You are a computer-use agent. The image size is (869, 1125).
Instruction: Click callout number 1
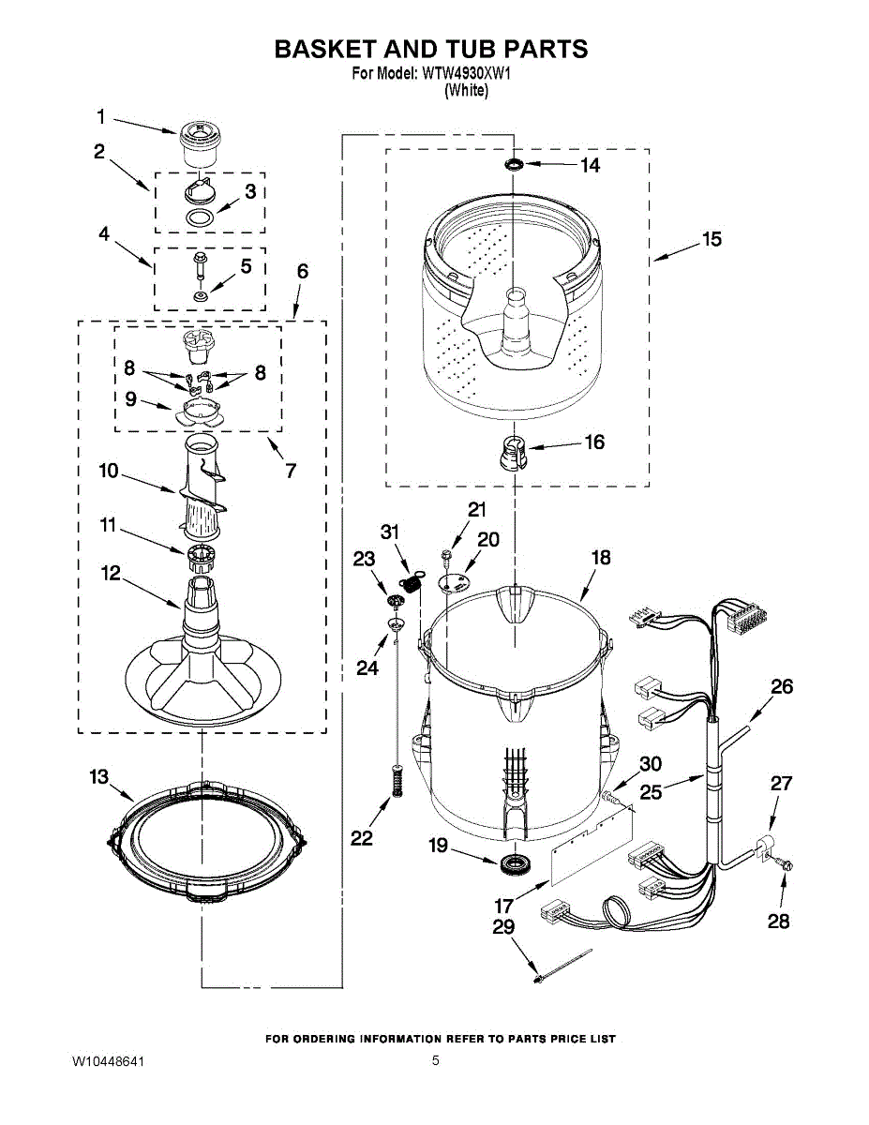tap(101, 117)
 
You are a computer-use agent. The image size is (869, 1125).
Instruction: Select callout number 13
tap(98, 777)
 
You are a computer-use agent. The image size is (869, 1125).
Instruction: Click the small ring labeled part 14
tap(513, 166)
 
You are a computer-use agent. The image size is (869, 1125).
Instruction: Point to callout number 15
tap(712, 240)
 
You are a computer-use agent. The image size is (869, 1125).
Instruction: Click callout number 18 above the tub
tap(600, 558)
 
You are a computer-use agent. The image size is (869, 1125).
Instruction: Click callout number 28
tap(778, 922)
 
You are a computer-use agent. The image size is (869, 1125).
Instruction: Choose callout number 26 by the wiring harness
tap(781, 686)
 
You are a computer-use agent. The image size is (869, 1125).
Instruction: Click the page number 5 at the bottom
tap(435, 1061)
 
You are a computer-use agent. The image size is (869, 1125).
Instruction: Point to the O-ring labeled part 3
tap(199, 217)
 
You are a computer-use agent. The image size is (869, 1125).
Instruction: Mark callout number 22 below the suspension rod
tap(362, 838)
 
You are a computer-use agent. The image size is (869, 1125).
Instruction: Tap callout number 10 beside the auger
tap(109, 471)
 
